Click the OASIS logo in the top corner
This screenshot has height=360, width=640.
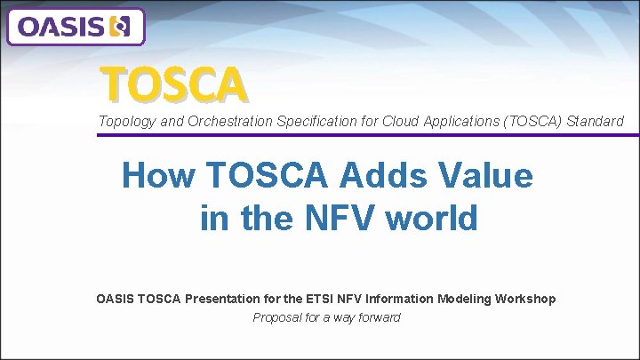[75, 27]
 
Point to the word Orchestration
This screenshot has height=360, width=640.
[205, 121]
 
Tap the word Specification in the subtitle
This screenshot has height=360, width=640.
[293, 121]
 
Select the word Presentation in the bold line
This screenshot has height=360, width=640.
[220, 299]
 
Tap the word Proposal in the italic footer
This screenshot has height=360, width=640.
[277, 317]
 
